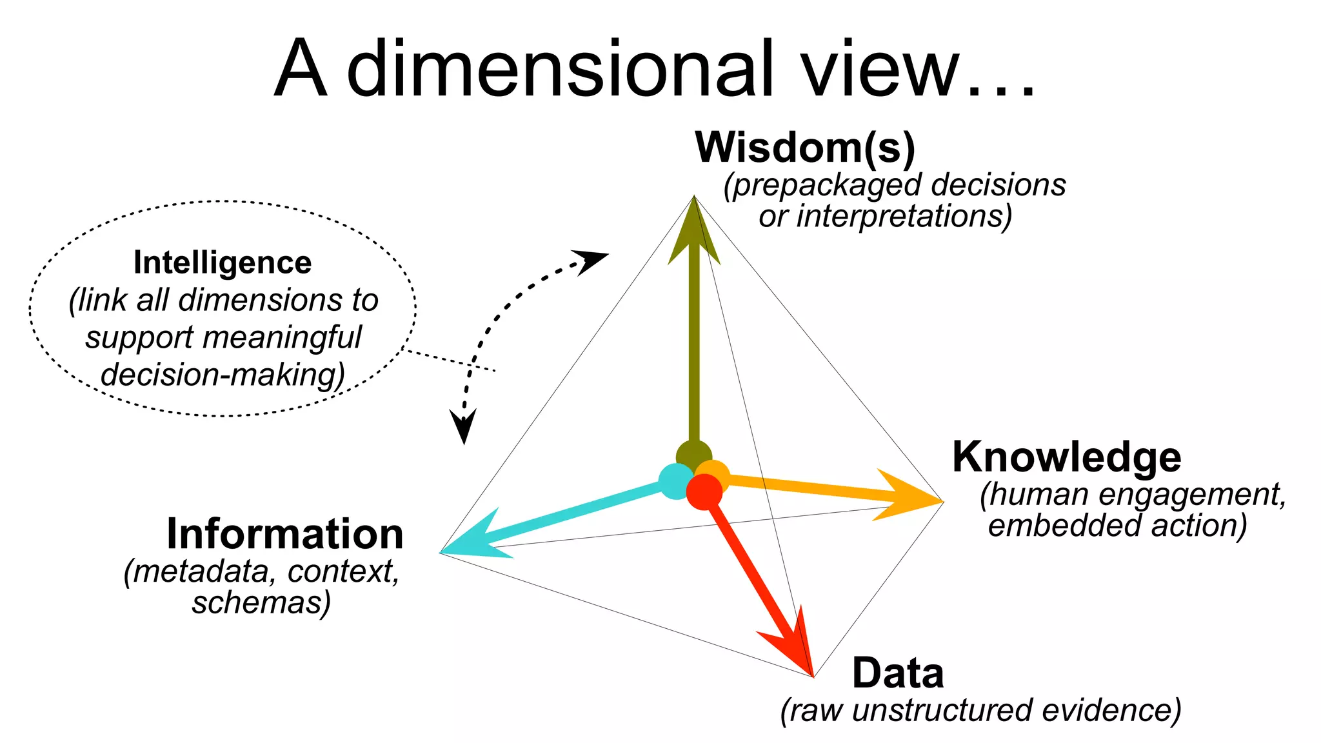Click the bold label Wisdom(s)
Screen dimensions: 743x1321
805,148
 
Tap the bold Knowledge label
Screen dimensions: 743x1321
1067,458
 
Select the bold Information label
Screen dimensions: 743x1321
284,535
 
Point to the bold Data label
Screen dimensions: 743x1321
898,673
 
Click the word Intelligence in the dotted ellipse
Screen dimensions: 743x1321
223,263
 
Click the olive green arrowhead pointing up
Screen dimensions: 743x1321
694,232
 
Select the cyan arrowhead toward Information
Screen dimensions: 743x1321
477,539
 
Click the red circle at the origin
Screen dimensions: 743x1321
704,492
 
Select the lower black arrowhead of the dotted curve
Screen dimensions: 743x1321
464,426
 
